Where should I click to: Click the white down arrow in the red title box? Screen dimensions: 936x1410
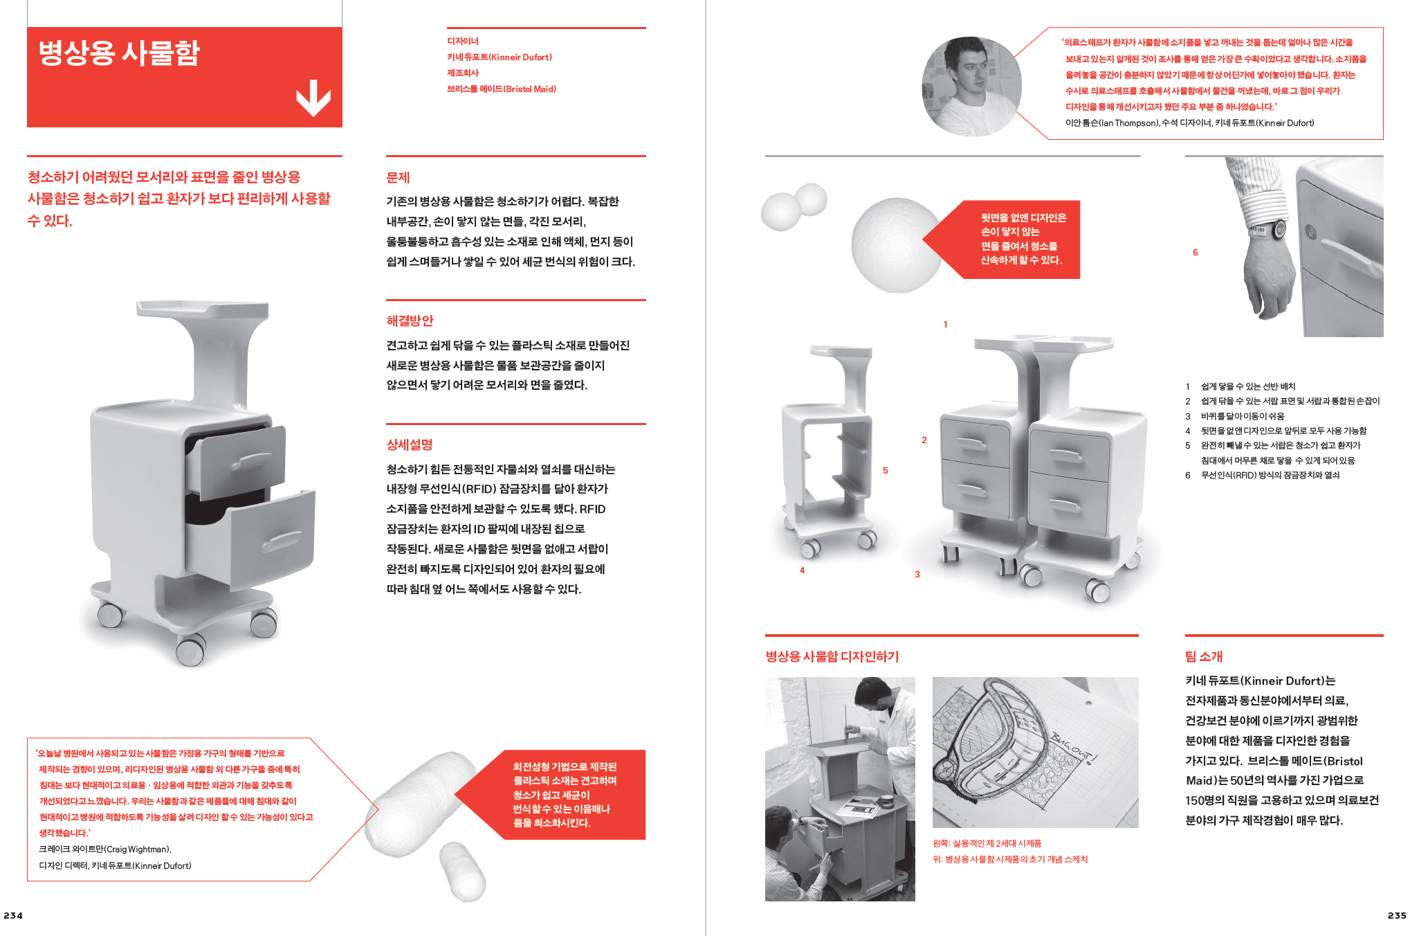(313, 98)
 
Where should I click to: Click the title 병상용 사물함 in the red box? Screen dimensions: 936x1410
(119, 53)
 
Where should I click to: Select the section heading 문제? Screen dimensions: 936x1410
(398, 178)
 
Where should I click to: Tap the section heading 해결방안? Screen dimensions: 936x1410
(410, 321)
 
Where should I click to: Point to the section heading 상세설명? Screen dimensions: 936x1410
(409, 444)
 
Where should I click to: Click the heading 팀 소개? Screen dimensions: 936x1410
(1203, 656)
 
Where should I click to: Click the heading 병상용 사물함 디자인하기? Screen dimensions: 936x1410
(832, 656)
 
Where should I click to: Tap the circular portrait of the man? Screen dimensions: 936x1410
(971, 87)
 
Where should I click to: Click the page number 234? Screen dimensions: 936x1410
(13, 915)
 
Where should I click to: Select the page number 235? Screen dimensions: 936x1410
(1396, 915)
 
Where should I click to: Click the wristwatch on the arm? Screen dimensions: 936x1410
(1277, 229)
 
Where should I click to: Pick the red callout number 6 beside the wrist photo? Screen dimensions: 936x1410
(1195, 253)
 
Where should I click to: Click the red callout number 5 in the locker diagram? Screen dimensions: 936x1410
(885, 471)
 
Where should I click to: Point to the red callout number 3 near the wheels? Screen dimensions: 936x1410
(917, 574)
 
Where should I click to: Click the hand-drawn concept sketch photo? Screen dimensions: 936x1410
(1034, 752)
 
